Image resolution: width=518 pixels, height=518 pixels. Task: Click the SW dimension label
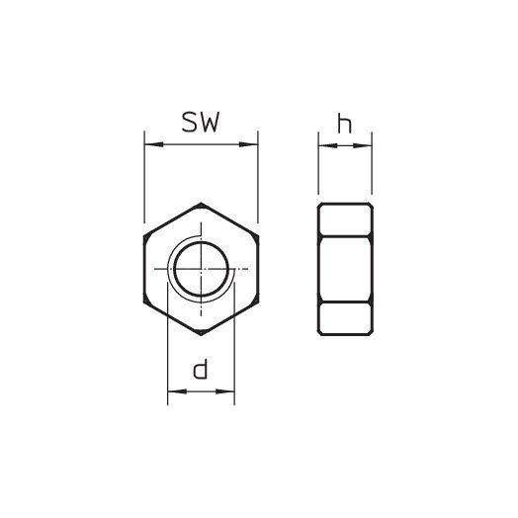pos(201,123)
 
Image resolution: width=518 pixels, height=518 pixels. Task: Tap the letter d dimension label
pos(201,371)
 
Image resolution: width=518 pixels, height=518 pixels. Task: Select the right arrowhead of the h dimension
pos(367,146)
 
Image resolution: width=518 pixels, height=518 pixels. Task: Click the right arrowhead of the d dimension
pos(229,393)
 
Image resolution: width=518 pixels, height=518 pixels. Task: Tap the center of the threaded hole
pos(202,269)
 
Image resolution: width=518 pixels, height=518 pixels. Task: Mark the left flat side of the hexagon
pos(145,269)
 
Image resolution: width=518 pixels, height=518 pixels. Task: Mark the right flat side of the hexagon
pos(258,269)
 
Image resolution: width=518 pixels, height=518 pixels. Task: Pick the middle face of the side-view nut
pos(345,269)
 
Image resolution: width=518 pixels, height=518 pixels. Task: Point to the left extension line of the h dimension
pos(318,168)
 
